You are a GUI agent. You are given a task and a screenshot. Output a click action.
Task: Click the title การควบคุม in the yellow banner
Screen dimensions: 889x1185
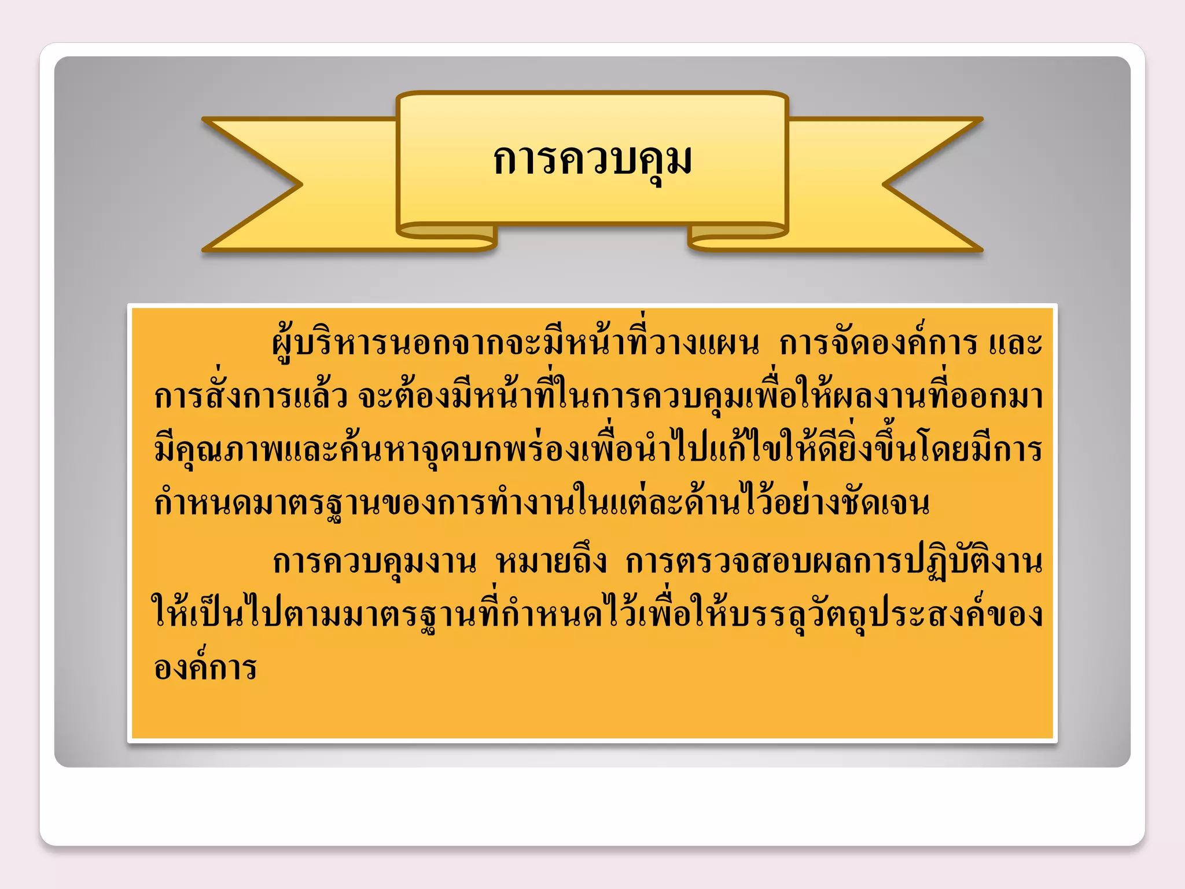pyautogui.click(x=592, y=160)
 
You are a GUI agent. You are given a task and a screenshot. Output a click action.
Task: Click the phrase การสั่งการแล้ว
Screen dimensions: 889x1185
pyautogui.click(x=251, y=397)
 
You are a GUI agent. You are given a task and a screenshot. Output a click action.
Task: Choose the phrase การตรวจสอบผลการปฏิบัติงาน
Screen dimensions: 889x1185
pyautogui.click(x=834, y=561)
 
